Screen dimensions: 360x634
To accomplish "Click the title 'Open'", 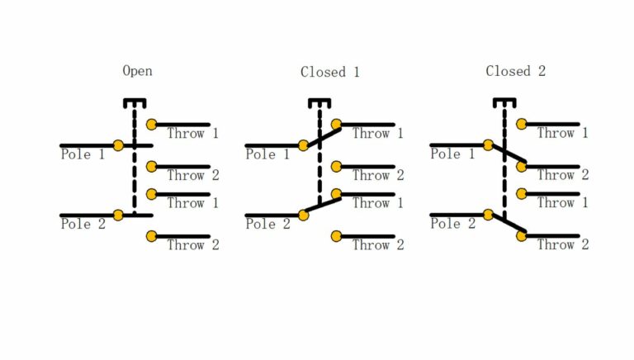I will (137, 71).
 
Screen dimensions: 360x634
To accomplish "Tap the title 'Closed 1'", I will (329, 72).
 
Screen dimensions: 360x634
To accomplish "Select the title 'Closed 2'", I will (515, 71).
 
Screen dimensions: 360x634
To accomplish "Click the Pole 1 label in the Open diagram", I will (83, 154).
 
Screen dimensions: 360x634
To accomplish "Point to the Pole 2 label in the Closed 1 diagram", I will (267, 224).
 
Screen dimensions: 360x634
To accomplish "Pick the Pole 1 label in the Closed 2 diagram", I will (452, 154).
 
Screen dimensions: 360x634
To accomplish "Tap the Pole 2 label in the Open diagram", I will (83, 224).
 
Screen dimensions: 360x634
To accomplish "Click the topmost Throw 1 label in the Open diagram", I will (193, 133).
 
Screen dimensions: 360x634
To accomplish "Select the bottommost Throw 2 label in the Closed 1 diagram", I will (378, 245).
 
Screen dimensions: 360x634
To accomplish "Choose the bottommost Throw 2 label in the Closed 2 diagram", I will (563, 245).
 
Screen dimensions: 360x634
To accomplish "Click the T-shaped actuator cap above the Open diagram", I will (134, 102).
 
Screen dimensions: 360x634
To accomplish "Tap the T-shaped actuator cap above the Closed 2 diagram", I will (504, 102).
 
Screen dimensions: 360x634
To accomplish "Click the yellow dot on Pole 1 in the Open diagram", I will (118, 145).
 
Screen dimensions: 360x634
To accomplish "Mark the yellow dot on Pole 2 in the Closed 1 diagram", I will (303, 215).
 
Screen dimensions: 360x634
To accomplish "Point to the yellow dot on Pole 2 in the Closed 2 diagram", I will (488, 215).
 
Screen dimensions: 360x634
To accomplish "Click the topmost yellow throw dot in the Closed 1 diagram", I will (336, 125).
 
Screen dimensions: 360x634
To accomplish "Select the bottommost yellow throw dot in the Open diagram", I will (151, 236).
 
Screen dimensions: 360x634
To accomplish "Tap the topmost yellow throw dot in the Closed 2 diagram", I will (521, 125).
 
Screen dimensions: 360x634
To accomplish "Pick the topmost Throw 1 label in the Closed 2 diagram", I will (563, 133).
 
